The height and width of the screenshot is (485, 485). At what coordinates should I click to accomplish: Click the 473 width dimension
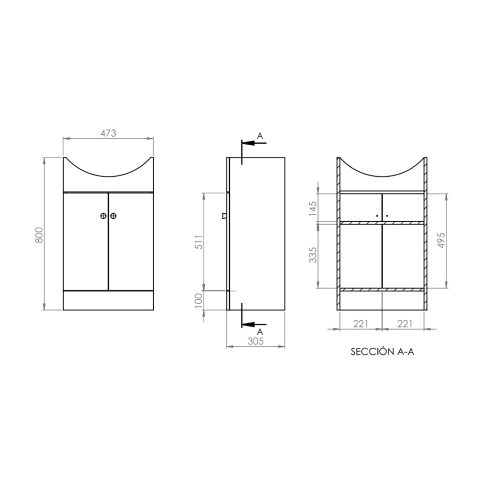[108, 132]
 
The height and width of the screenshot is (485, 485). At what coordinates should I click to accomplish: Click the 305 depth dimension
[256, 341]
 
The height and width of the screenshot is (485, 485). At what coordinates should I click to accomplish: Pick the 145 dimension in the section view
[313, 208]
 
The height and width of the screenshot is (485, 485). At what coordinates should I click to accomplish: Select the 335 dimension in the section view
[313, 255]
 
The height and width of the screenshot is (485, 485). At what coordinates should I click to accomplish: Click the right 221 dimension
[404, 323]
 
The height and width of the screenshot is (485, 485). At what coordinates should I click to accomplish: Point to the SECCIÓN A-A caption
[382, 352]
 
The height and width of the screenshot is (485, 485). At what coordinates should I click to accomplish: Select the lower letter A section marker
[260, 331]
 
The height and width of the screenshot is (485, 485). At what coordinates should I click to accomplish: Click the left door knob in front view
[103, 216]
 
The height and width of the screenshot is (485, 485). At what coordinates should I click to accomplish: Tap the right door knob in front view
[113, 216]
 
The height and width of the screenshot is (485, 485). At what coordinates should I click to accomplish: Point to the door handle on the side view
[224, 216]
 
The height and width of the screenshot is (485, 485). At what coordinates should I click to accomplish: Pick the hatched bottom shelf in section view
[382, 290]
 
